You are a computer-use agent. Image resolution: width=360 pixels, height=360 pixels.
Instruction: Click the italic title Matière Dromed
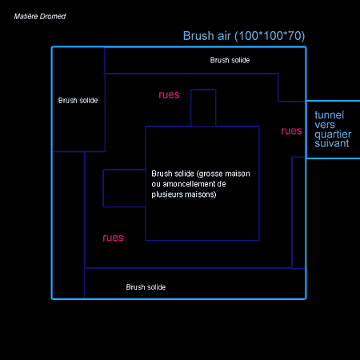click(40, 17)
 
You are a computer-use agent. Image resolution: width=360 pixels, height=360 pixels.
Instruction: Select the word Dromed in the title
click(53, 17)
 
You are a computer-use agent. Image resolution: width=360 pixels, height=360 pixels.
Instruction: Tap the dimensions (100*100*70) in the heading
click(270, 36)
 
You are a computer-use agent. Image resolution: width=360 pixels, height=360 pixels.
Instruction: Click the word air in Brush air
click(224, 36)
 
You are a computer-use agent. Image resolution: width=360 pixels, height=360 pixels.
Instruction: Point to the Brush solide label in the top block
click(230, 60)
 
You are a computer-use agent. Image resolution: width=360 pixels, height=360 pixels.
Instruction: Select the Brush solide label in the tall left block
click(78, 101)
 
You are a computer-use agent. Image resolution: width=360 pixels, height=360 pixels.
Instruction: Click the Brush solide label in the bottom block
click(146, 287)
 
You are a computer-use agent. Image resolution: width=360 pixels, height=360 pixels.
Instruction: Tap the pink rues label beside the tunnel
click(291, 131)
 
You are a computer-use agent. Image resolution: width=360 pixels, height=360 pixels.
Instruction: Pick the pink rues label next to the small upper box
click(169, 95)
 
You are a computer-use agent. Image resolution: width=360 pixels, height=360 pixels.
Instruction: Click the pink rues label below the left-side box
click(113, 238)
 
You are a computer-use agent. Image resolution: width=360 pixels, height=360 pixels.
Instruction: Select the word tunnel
click(330, 115)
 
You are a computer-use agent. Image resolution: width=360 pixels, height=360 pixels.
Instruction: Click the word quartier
click(333, 134)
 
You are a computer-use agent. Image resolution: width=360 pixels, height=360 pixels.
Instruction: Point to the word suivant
click(332, 143)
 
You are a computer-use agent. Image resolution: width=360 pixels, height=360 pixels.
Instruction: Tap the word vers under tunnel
click(325, 125)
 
